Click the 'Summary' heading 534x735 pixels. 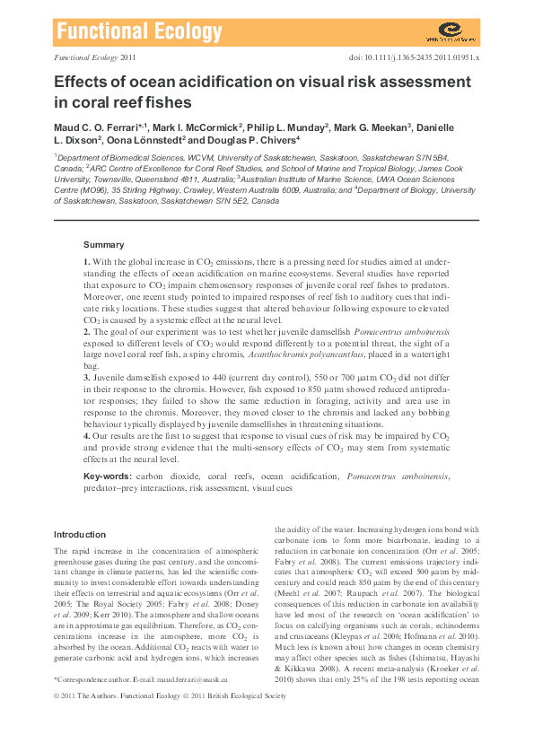tap(103, 244)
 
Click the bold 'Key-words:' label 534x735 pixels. tap(107, 475)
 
